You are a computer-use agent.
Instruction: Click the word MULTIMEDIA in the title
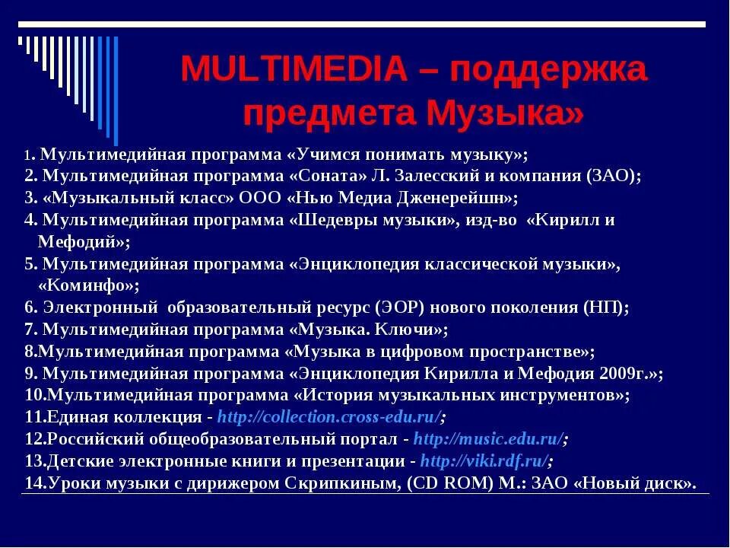coord(294,71)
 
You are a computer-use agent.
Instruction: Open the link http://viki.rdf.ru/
coord(485,461)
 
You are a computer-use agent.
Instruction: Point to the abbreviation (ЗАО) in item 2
coord(612,175)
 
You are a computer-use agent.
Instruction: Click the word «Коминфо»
coord(88,286)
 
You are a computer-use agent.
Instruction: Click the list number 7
coord(30,330)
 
